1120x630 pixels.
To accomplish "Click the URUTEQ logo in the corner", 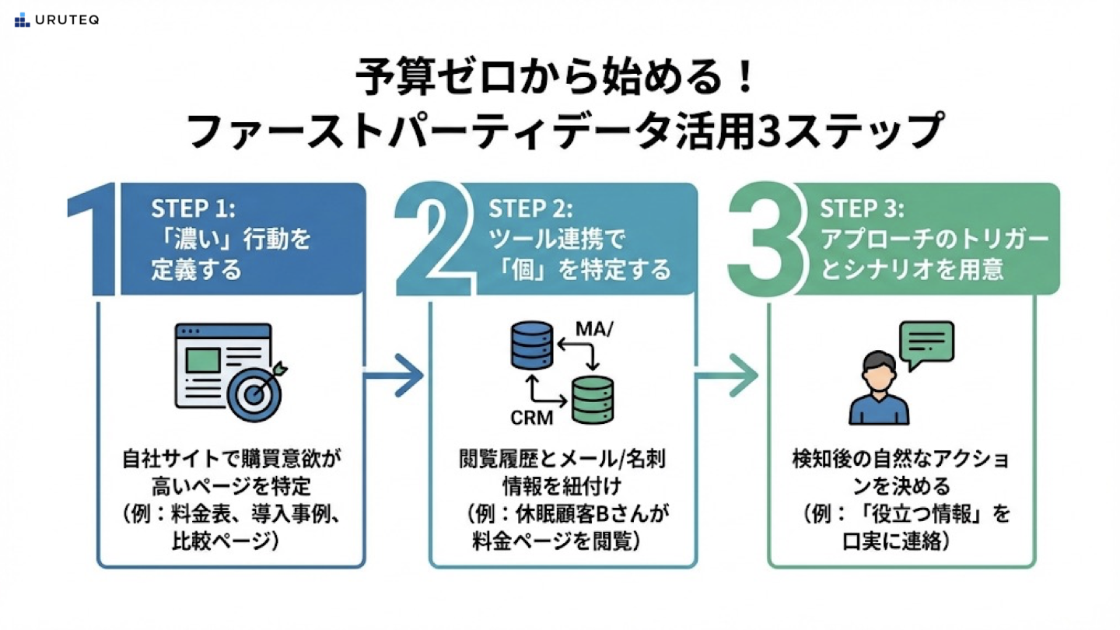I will pyautogui.click(x=56, y=20).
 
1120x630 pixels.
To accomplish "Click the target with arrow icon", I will pyautogui.click(x=254, y=391).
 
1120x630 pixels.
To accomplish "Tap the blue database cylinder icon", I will pyautogui.click(x=531, y=348).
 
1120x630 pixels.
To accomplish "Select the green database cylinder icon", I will pyautogui.click(x=593, y=400).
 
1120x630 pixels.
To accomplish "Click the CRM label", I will pyautogui.click(x=532, y=418).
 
